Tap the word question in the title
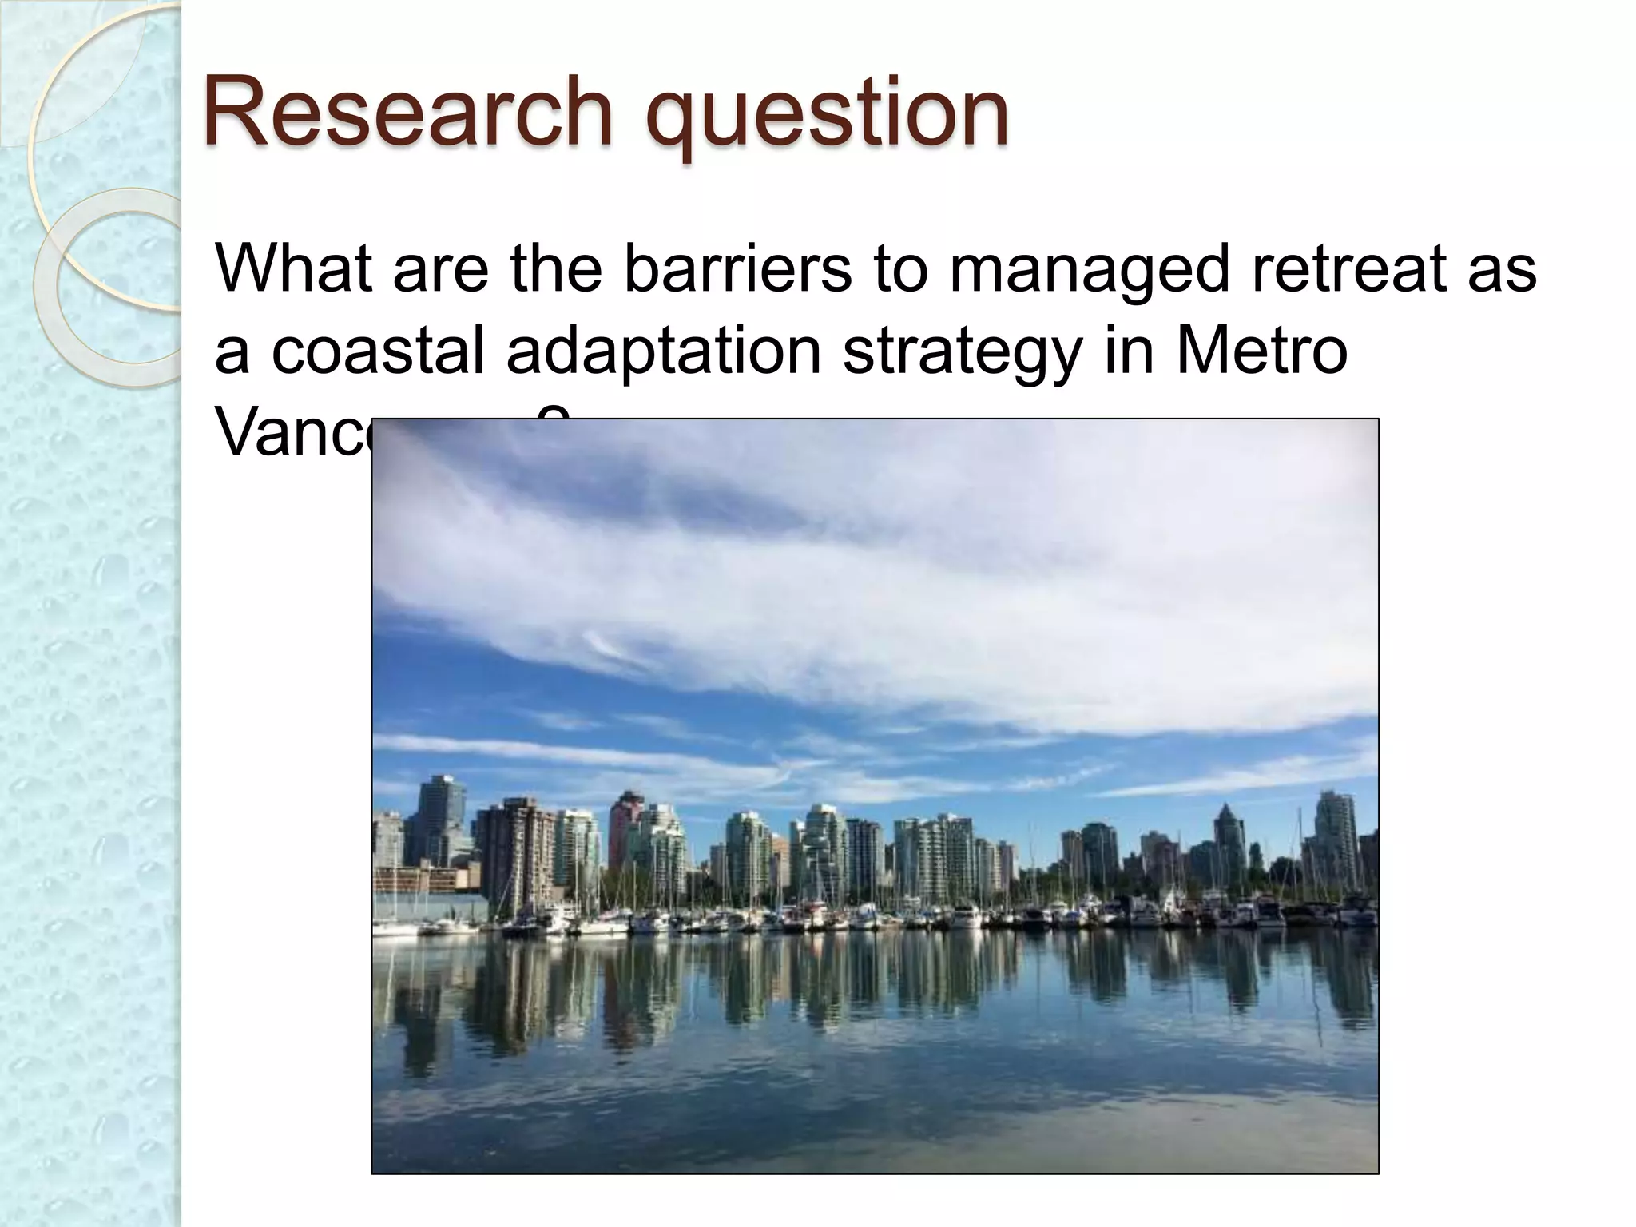tap(827, 116)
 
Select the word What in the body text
tap(293, 268)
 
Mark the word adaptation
tap(664, 351)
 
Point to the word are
tap(440, 269)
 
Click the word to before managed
tap(900, 268)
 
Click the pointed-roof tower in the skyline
tap(1228, 839)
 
